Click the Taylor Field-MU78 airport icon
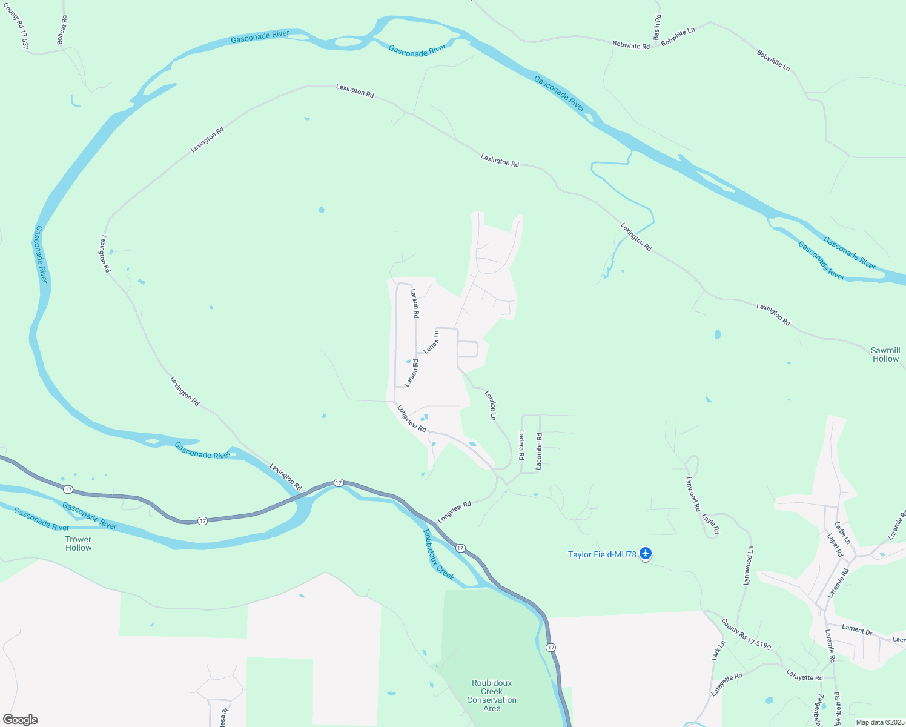click(x=646, y=553)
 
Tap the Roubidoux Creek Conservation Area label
click(x=491, y=695)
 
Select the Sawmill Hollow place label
click(x=885, y=354)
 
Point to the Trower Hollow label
click(x=78, y=543)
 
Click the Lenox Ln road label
click(x=431, y=342)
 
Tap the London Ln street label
click(x=491, y=405)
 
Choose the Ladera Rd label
click(x=521, y=445)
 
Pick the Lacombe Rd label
click(x=539, y=451)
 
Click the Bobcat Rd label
click(x=62, y=30)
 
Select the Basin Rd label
click(x=657, y=27)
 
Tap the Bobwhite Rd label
click(x=630, y=45)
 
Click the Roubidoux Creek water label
click(x=438, y=555)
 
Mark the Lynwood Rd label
click(x=693, y=494)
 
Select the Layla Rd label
click(x=710, y=523)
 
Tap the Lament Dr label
click(x=857, y=629)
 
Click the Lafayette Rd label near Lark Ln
click(x=726, y=684)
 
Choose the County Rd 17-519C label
click(x=746, y=634)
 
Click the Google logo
click(x=20, y=719)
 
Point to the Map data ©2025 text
click(x=879, y=722)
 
